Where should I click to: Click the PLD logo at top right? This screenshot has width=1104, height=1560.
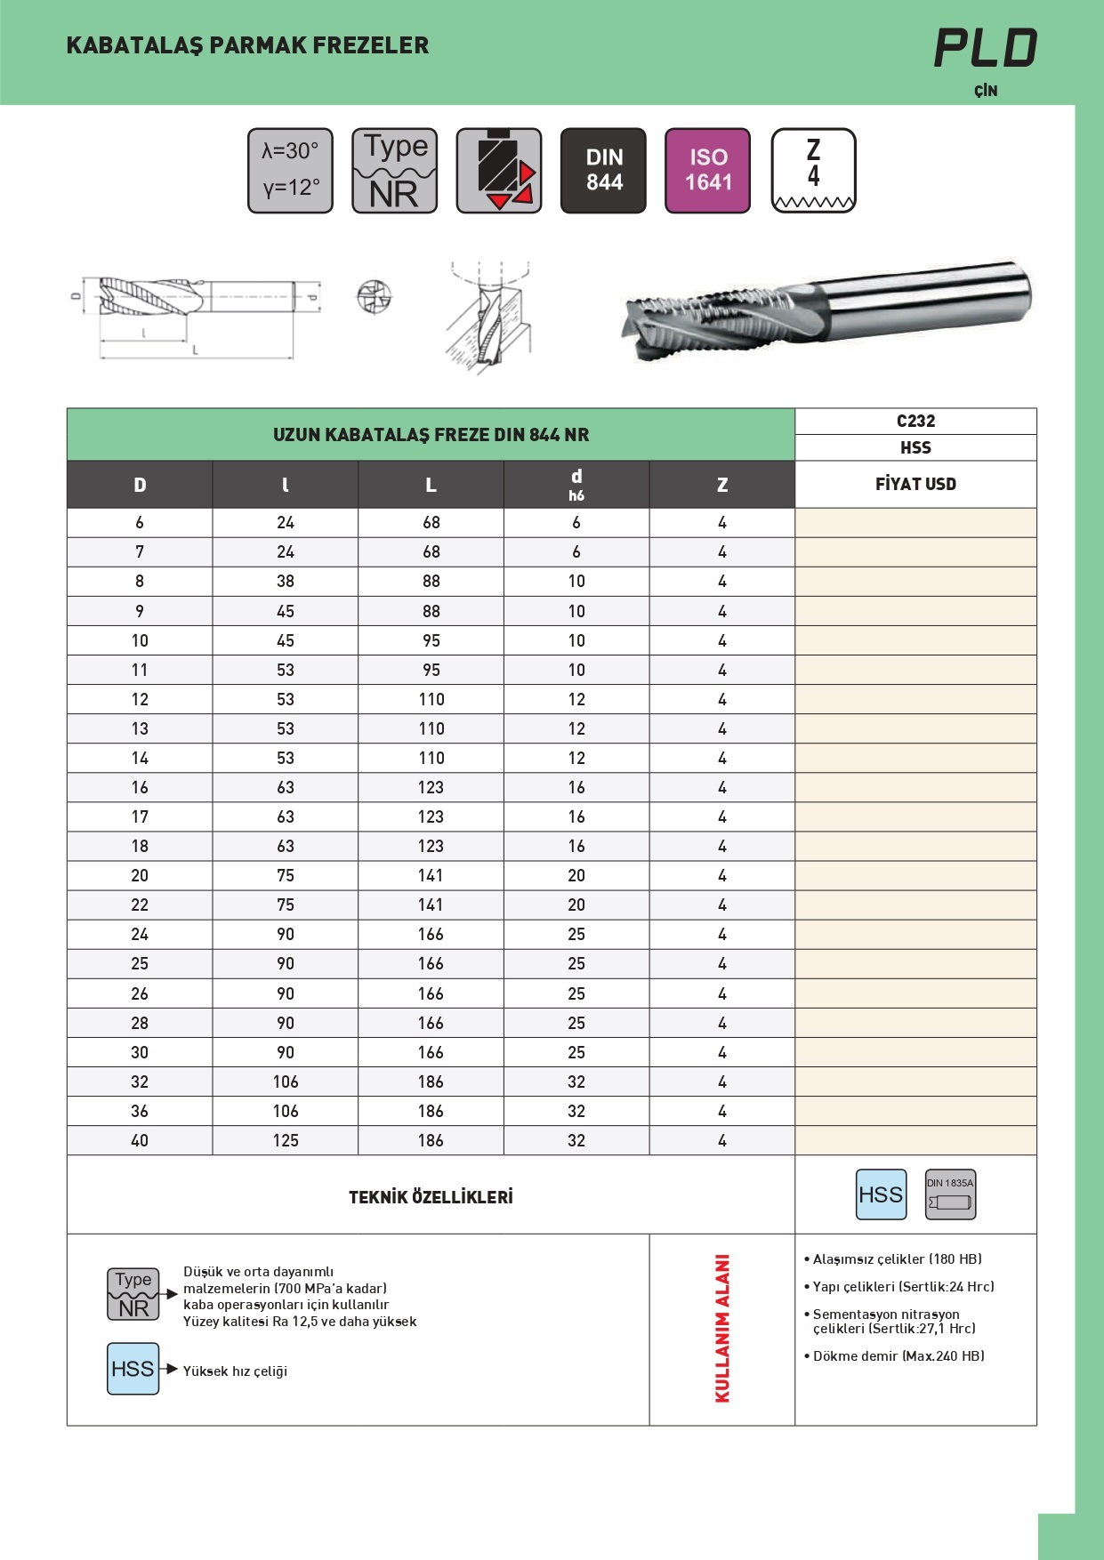pyautogui.click(x=985, y=48)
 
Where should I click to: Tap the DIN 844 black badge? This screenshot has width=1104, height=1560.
pyautogui.click(x=603, y=170)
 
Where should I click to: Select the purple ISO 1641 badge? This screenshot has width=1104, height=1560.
pyautogui.click(x=707, y=170)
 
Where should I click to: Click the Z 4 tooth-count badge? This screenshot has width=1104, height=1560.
pyautogui.click(x=813, y=170)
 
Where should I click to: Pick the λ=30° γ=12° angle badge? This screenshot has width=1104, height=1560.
pyautogui.click(x=290, y=170)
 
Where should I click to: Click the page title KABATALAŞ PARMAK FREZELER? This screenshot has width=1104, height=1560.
pyautogui.click(x=247, y=45)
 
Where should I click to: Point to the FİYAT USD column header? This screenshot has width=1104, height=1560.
pyautogui.click(x=915, y=485)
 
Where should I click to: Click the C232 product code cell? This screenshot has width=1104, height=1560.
pyautogui.click(x=915, y=422)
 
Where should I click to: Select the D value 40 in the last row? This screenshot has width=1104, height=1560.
pyautogui.click(x=140, y=1141)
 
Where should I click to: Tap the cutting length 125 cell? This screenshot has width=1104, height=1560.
pyautogui.click(x=286, y=1141)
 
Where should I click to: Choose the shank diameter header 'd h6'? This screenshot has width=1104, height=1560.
pyautogui.click(x=576, y=485)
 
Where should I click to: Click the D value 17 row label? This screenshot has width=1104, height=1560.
pyautogui.click(x=140, y=817)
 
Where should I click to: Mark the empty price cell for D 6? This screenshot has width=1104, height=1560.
pyautogui.click(x=915, y=523)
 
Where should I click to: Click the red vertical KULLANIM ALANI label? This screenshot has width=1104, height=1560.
pyautogui.click(x=722, y=1329)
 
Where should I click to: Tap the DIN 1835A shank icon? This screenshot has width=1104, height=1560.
pyautogui.click(x=950, y=1194)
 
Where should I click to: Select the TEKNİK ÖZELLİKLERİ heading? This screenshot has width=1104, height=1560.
pyautogui.click(x=431, y=1197)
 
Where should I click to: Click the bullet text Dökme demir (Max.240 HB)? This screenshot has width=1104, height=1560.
pyautogui.click(x=899, y=1356)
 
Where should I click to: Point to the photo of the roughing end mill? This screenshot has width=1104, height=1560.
pyautogui.click(x=826, y=311)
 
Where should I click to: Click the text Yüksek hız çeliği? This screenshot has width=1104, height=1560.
pyautogui.click(x=235, y=1371)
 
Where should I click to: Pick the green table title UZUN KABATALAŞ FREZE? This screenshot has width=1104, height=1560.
pyautogui.click(x=431, y=435)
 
